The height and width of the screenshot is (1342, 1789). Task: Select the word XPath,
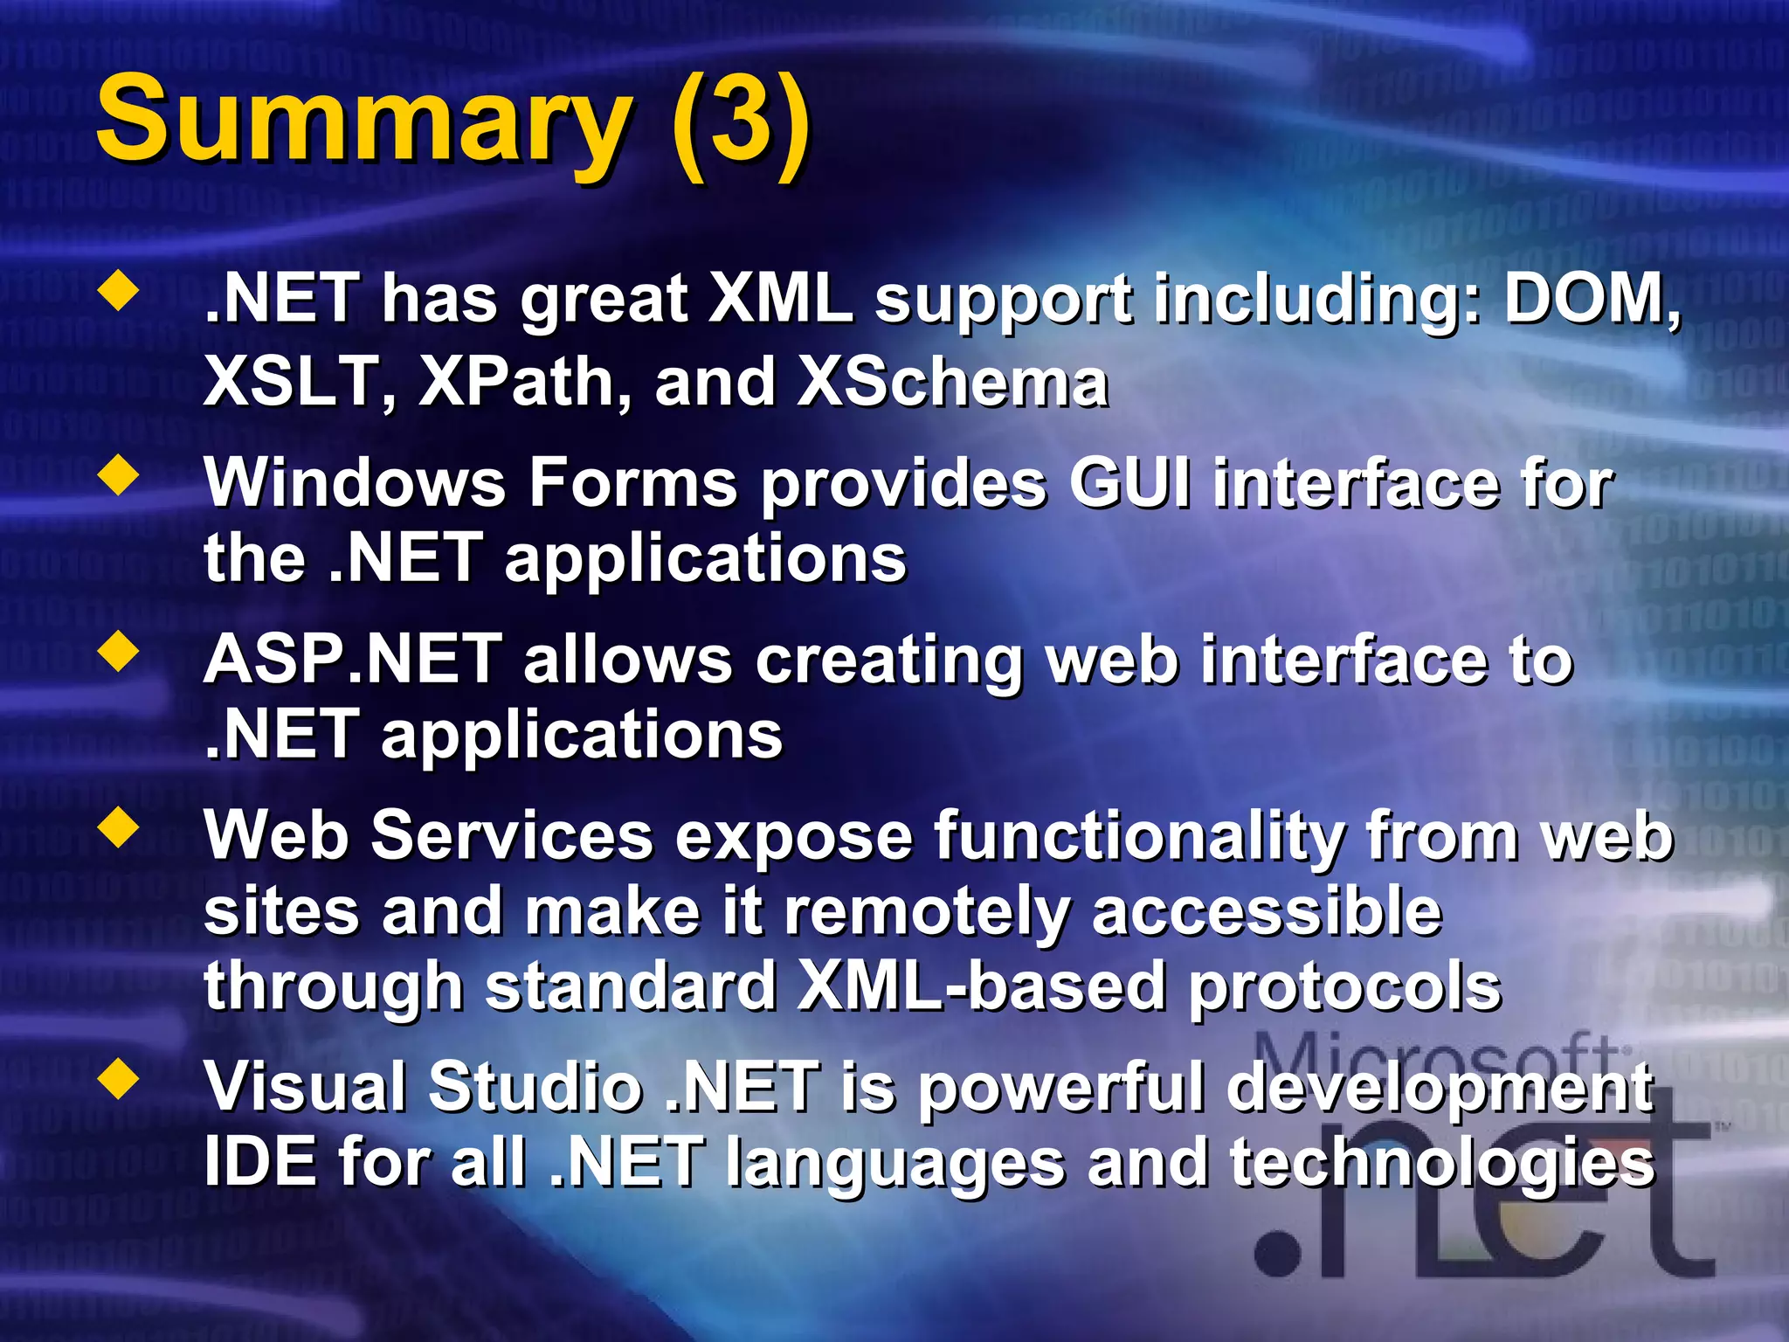525,383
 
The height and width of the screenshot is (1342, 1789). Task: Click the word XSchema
952,383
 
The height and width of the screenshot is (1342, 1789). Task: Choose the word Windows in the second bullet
354,482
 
